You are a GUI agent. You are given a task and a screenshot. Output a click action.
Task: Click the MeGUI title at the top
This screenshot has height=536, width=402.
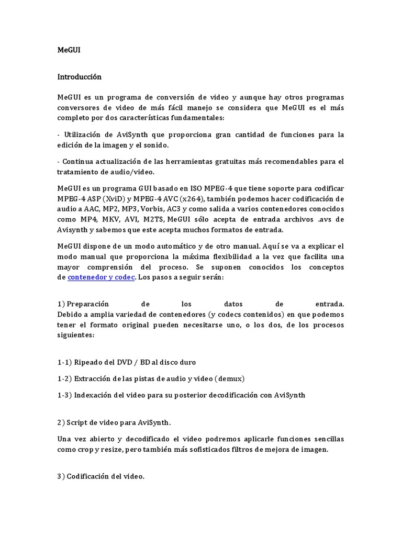pos(68,50)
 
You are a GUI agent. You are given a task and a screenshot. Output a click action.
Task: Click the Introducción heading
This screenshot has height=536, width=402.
pos(79,77)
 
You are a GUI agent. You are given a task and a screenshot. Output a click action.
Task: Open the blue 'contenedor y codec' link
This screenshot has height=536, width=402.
pos(102,277)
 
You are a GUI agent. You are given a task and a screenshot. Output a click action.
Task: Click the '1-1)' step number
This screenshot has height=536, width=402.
pos(64,362)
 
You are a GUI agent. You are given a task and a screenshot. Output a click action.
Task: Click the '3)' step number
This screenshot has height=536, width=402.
pos(62,477)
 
